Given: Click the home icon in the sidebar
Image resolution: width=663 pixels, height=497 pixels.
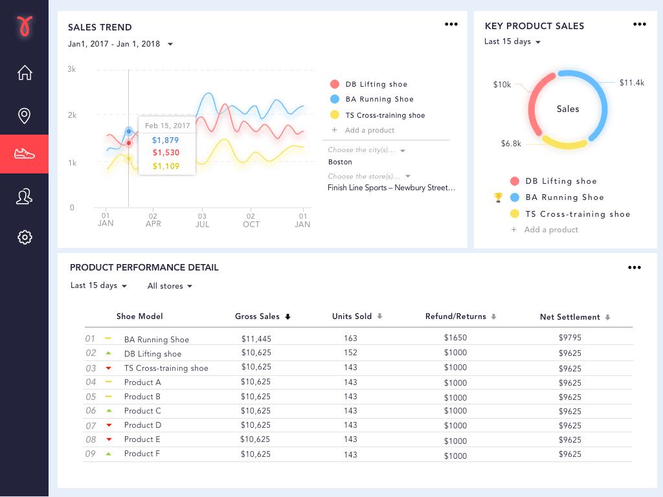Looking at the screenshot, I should pyautogui.click(x=25, y=72).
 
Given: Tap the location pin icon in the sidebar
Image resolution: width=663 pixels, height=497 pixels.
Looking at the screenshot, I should pyautogui.click(x=25, y=116).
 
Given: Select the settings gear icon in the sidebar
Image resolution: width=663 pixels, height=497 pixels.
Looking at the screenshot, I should pyautogui.click(x=25, y=237).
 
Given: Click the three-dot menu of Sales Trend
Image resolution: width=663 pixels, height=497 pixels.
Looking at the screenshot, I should pyautogui.click(x=451, y=25).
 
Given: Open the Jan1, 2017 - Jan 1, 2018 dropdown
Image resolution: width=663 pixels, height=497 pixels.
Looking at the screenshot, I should pyautogui.click(x=120, y=44).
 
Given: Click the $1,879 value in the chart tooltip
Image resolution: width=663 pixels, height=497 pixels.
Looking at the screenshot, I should pyautogui.click(x=165, y=140).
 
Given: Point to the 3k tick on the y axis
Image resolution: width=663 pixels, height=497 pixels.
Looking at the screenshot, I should pyautogui.click(x=72, y=69).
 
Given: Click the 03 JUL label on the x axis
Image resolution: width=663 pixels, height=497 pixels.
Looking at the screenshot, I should pyautogui.click(x=202, y=220).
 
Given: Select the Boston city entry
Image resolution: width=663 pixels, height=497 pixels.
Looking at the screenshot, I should pyautogui.click(x=340, y=162).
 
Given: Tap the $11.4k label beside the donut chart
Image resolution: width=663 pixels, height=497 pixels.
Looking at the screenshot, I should pyautogui.click(x=631, y=83).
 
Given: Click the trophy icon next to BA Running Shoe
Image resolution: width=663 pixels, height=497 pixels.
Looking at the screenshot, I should pyautogui.click(x=498, y=197).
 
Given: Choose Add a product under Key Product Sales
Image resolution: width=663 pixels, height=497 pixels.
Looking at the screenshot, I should pyautogui.click(x=550, y=230).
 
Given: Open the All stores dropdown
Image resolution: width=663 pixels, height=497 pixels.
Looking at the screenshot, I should pyautogui.click(x=170, y=286).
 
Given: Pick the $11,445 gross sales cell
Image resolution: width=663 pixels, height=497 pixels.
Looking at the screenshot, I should pyautogui.click(x=256, y=338).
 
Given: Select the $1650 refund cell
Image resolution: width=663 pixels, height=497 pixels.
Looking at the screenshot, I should pyautogui.click(x=455, y=338).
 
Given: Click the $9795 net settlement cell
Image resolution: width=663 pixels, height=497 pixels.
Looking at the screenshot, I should pyautogui.click(x=570, y=338).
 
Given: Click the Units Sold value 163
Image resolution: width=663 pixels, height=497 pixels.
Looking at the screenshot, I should pyautogui.click(x=350, y=338).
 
